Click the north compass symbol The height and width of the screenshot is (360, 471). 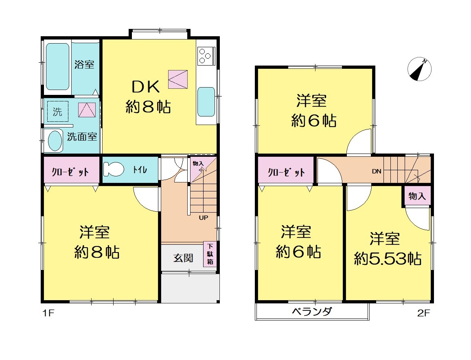point(419,69)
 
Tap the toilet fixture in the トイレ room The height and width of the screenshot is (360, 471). point(113,169)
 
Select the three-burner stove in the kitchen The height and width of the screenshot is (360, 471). point(206,56)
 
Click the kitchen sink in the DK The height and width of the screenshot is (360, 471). point(206,102)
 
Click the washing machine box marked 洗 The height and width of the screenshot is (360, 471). point(58,112)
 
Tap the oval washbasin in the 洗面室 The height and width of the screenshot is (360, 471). point(55,141)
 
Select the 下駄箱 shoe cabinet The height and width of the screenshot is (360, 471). point(210,254)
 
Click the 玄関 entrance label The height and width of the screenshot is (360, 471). point(183,258)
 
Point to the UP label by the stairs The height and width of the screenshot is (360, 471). point(204,217)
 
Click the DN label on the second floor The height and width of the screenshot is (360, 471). point(377,171)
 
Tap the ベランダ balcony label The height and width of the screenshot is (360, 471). point(312,311)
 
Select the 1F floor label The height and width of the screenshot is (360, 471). point(48,313)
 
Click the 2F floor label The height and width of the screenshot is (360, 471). point(423,313)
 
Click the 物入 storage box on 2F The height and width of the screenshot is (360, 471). point(417,196)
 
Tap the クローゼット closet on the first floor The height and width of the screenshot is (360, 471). point(71,170)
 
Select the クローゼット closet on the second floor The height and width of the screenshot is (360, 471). point(286,170)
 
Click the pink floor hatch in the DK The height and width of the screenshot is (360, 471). point(178,79)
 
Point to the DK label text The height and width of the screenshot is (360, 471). point(146,87)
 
